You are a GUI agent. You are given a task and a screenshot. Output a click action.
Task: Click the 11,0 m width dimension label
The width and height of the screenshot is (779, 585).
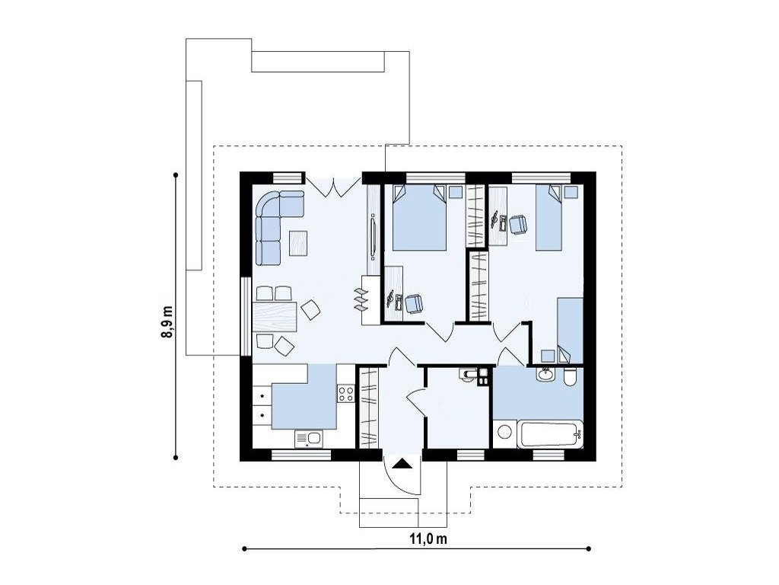point(428,539)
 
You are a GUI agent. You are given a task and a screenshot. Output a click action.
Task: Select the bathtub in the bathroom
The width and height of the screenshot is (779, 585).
point(551,434)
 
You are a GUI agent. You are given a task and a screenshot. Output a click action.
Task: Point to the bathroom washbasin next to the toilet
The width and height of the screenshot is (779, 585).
point(545,374)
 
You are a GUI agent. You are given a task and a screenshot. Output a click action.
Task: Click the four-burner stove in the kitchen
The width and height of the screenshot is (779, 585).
point(346,394)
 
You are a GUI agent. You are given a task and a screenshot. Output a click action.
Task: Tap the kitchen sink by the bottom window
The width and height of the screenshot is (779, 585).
point(309,439)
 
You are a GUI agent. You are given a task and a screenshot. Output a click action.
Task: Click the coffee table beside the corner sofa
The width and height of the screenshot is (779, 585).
point(298,243)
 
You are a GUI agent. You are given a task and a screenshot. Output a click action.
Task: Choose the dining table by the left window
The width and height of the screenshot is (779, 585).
point(274,317)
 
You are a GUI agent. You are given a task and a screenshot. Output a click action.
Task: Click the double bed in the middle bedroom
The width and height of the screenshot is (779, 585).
point(420,217)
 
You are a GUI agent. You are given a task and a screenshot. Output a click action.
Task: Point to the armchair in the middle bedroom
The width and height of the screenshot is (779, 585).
point(414,303)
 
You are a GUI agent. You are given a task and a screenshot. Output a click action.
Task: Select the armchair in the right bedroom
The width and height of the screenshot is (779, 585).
point(519,225)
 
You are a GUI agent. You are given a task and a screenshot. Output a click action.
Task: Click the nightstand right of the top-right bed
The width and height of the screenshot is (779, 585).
point(571,192)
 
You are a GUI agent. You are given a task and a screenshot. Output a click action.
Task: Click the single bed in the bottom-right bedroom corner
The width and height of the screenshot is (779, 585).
point(570,331)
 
